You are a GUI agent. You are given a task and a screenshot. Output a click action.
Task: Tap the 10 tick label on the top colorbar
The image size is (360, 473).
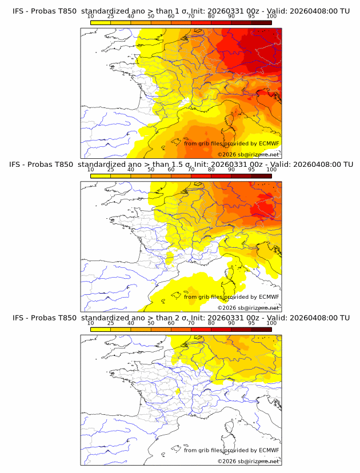pos(91,17)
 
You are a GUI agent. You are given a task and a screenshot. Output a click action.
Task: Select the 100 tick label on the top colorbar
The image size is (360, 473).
pos(271,17)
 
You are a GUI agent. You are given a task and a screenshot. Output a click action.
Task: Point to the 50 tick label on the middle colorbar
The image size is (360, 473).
pos(151,170)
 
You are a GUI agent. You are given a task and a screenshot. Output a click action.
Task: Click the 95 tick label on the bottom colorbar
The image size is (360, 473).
pos(251,323)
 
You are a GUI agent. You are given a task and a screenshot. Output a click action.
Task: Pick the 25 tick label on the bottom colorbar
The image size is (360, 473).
pos(111,323)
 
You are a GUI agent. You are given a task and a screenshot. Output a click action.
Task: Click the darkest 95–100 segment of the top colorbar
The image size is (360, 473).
pos(261,22)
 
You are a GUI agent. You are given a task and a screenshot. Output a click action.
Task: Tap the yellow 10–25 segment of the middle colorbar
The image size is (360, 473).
pos(101,175)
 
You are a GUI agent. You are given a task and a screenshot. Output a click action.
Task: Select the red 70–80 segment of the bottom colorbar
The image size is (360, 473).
pos(201,328)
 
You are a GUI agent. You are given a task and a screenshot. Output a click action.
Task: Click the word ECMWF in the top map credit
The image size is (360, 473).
pos(269,143)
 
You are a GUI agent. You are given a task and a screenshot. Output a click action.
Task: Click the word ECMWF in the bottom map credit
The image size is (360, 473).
pos(269,450)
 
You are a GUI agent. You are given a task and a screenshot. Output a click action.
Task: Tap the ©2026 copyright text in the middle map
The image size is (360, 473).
pos(226,308)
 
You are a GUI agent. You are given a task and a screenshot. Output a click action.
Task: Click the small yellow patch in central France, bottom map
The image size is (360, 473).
pos(178,391)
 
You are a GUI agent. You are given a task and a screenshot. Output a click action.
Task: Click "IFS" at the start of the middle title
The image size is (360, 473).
pos(18,165)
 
